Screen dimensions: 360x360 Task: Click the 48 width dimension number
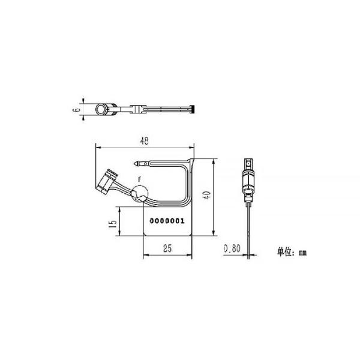coord(144,142)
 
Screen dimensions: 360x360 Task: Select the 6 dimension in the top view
coord(76,110)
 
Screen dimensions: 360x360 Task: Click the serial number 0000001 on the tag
coord(167,221)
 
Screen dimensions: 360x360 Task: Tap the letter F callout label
coord(140,179)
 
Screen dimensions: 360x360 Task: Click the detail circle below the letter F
coord(140,194)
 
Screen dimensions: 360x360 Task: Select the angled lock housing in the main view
coord(108,181)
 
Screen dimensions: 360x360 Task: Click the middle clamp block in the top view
coord(137,110)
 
